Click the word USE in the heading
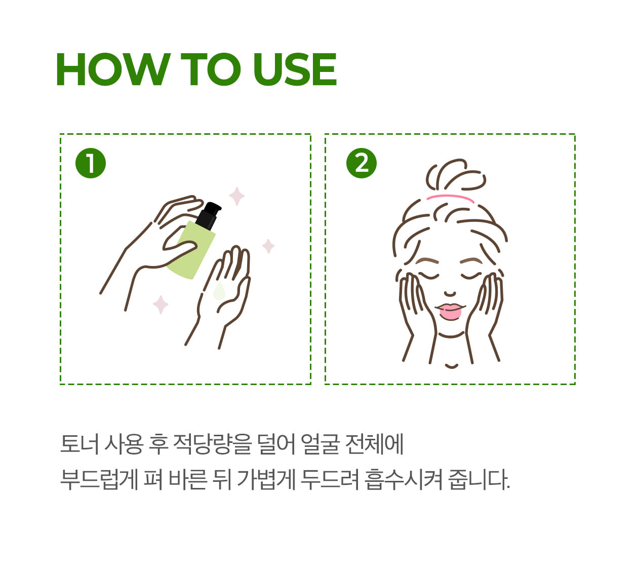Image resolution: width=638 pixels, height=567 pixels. tap(295, 69)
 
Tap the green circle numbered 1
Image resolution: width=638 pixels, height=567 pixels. tap(91, 163)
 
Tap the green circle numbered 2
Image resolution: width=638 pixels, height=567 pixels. tap(361, 163)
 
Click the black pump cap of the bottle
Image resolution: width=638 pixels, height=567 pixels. tap(209, 215)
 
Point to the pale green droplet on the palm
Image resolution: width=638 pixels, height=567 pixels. tap(219, 291)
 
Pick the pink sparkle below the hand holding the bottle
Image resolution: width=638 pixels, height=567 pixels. tap(161, 305)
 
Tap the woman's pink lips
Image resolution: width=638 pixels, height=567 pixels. tap(450, 312)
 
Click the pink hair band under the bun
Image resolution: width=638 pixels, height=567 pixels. tap(450, 198)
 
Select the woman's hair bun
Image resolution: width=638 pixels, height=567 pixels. tap(456, 175)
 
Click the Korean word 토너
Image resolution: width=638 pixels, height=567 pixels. tap(79, 444)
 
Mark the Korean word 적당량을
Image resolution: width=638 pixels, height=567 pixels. tap(213, 444)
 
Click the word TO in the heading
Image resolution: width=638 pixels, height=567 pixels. tap(211, 69)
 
